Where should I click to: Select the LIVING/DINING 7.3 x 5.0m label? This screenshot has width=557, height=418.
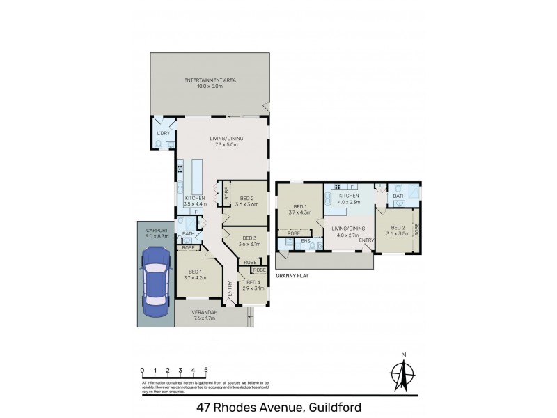tap(225, 141)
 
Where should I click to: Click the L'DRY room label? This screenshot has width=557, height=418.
tap(163, 133)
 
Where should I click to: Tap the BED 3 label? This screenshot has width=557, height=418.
tap(248, 241)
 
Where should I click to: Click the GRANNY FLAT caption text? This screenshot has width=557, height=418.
tap(292, 276)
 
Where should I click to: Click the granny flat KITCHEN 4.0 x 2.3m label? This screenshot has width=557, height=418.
tap(347, 199)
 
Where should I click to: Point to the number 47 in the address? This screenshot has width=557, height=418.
tap(203, 407)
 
